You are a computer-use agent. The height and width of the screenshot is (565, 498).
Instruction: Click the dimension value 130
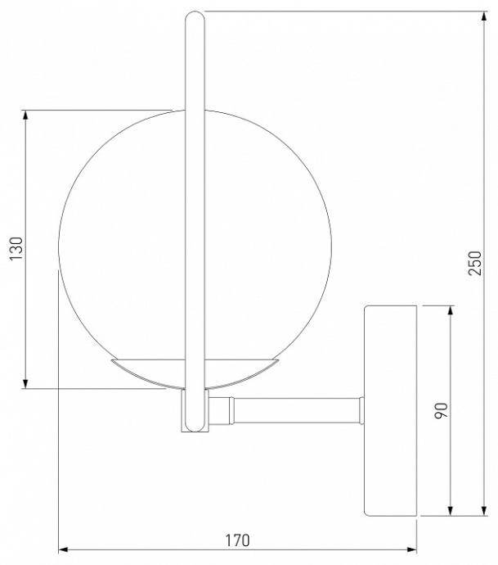coord(14,249)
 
